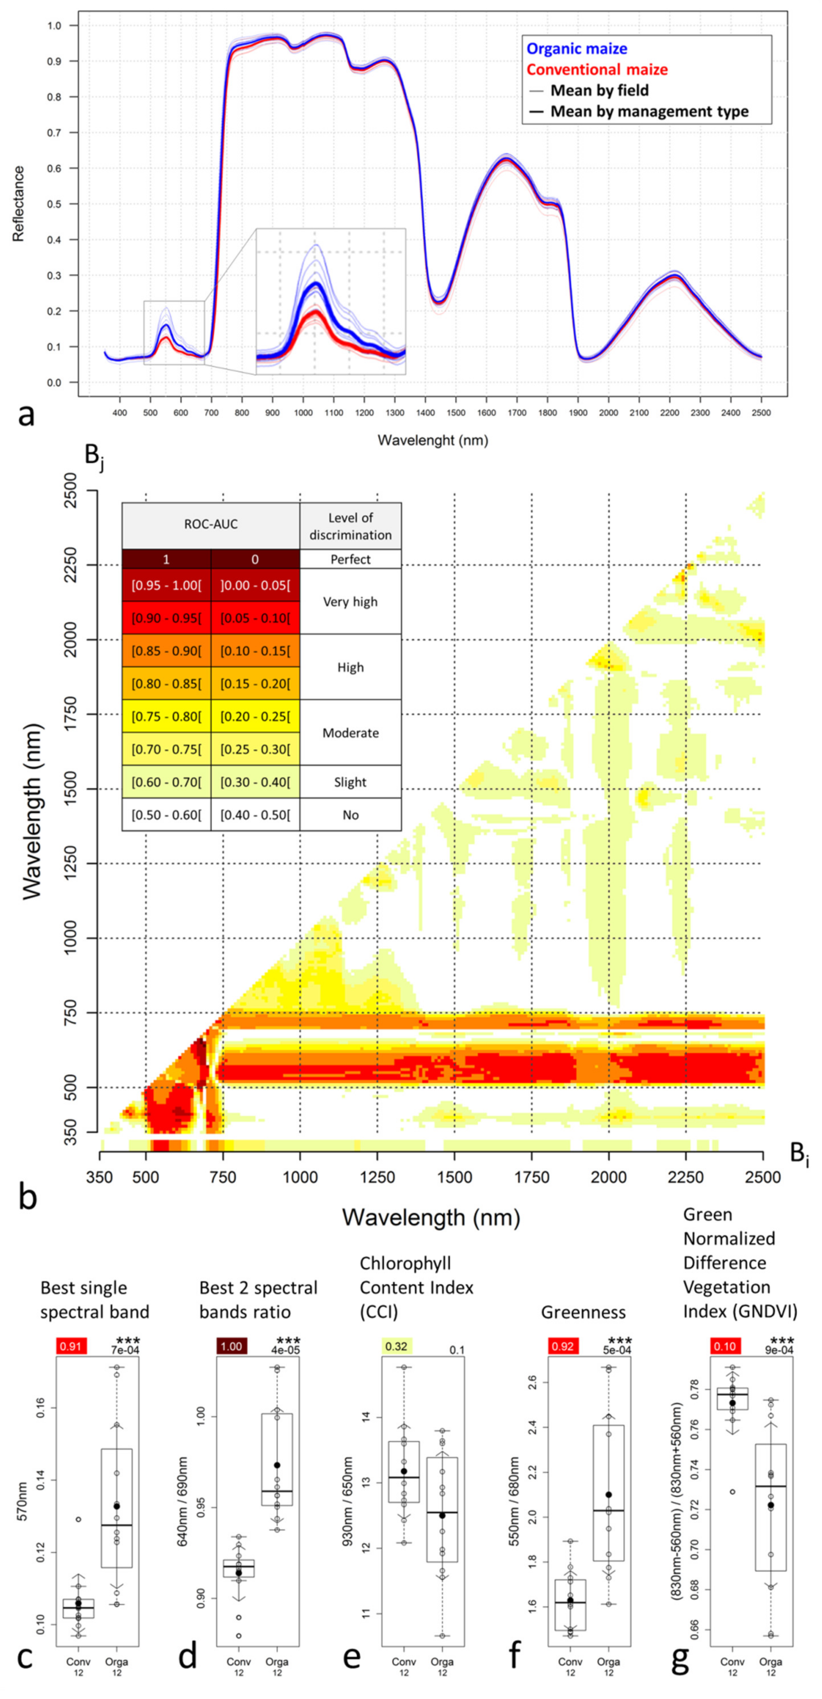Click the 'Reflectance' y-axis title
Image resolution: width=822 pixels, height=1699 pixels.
[x=19, y=204]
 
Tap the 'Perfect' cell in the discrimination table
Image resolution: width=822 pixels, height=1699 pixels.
[x=350, y=559]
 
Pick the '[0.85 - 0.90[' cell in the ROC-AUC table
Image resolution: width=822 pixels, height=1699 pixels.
[x=166, y=651]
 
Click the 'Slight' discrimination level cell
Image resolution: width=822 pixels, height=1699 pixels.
[x=350, y=782]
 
